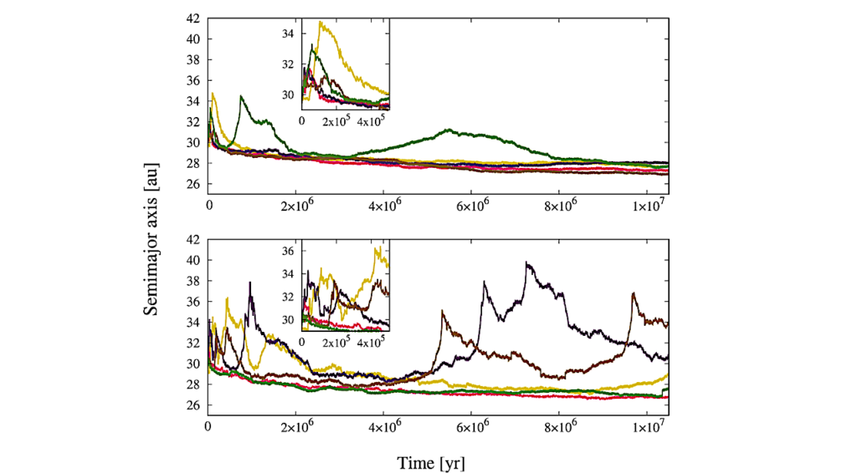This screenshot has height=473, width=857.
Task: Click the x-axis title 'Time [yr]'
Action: pos(431,461)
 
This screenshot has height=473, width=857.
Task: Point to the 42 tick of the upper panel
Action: pos(192,18)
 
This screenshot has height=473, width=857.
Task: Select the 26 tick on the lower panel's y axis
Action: pos(192,405)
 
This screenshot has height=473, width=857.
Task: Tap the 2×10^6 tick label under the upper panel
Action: pos(295,204)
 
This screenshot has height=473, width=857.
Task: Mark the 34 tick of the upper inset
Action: pos(289,33)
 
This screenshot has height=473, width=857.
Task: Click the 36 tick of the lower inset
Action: pos(289,252)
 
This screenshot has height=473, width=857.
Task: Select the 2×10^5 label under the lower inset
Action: pos(336,343)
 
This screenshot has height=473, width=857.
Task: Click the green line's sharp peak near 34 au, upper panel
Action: pos(241,96)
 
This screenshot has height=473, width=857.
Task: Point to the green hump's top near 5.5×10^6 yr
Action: pos(449,130)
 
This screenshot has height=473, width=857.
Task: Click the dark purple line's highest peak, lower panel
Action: pos(526,262)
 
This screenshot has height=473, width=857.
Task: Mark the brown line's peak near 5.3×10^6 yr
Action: pos(442,311)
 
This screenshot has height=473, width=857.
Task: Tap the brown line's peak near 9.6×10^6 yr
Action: pos(633,292)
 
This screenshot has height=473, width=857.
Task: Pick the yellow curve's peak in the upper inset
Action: pos(321,22)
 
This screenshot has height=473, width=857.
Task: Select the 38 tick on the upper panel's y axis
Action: pos(192,59)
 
